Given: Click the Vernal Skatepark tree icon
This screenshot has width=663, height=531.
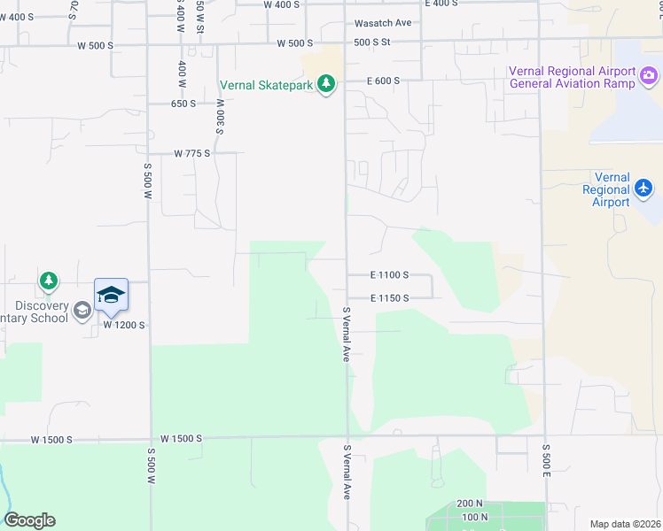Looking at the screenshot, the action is tap(328, 84).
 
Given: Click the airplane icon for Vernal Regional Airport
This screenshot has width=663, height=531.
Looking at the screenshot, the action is tap(643, 188).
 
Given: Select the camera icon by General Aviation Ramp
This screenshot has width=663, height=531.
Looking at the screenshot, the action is tap(650, 78).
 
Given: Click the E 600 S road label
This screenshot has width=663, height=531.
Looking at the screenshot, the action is tap(384, 81).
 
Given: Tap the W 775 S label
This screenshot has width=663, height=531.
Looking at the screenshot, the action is tap(192, 153).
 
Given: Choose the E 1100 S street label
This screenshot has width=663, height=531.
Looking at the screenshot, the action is tap(389, 275).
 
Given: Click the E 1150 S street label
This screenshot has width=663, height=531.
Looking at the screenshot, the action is tap(389, 298).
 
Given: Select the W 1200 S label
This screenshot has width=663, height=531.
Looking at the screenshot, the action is tap(123, 325).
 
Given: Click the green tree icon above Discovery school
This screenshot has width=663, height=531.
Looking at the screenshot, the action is tap(49, 281).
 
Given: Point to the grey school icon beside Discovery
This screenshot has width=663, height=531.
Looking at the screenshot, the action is tap(82, 309).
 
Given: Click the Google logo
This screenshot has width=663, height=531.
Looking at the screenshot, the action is tap(29, 520).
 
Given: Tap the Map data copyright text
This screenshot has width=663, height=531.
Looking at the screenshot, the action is tap(625, 524).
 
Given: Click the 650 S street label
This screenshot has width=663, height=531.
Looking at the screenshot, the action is tap(183, 104).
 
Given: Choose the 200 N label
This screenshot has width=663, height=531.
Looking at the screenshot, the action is tap(471, 503).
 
